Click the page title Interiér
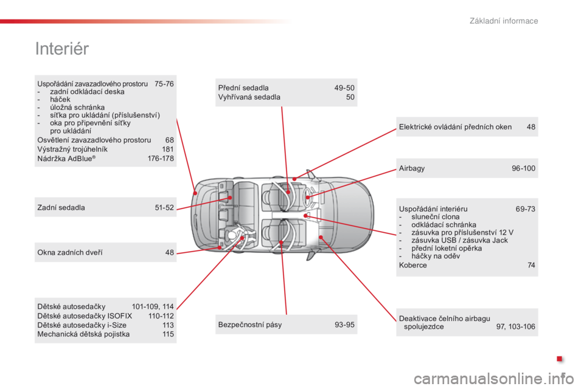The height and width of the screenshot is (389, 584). (x=62, y=49)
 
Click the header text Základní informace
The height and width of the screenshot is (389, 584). (x=504, y=21)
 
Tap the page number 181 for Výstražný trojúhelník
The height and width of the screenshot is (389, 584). (x=168, y=150)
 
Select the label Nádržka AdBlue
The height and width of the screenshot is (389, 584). (x=66, y=159)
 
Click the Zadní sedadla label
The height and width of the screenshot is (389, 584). (x=61, y=207)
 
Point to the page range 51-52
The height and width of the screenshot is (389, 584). (x=164, y=208)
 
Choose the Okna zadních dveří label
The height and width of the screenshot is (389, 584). (x=69, y=252)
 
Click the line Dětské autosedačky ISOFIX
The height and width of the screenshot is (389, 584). (x=85, y=316)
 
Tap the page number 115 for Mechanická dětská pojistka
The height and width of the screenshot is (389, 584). (x=168, y=334)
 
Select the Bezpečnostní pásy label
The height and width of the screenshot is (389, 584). (x=250, y=325)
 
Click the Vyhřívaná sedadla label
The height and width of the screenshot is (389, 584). (x=249, y=97)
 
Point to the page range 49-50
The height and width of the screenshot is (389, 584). (x=344, y=88)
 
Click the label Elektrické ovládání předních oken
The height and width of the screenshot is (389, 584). (x=455, y=127)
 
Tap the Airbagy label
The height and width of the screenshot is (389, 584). (x=412, y=168)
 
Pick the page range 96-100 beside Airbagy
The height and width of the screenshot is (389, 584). (x=523, y=168)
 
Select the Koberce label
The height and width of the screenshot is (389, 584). (x=412, y=265)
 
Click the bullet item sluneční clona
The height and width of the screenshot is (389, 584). (x=436, y=216)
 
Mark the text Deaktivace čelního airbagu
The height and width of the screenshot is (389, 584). (x=444, y=318)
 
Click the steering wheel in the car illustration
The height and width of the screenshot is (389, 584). (x=307, y=196)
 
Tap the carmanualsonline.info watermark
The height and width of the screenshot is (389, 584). (x=494, y=379)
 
